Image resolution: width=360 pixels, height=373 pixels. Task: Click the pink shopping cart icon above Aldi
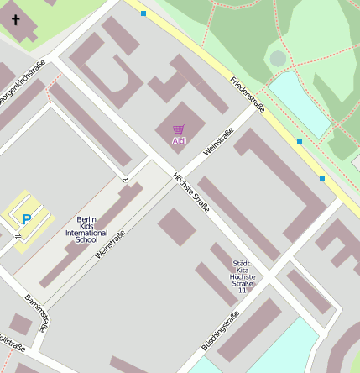(x=178, y=130)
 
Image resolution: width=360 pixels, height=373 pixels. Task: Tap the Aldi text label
(x=178, y=141)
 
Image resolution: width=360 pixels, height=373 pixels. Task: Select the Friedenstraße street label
(x=247, y=94)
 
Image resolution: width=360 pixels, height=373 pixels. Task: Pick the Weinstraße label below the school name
(x=110, y=244)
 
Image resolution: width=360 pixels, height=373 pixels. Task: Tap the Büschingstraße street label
(x=221, y=330)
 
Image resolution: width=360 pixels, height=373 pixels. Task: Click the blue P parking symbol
(x=26, y=220)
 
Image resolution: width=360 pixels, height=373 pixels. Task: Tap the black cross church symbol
(x=15, y=18)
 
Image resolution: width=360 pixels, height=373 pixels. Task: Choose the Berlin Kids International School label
(x=92, y=229)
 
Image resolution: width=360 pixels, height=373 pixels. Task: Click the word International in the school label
(x=92, y=233)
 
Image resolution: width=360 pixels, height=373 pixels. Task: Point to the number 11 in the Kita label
(x=243, y=290)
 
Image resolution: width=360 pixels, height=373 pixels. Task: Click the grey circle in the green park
(x=278, y=59)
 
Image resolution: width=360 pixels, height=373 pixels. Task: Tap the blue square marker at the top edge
(x=143, y=13)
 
